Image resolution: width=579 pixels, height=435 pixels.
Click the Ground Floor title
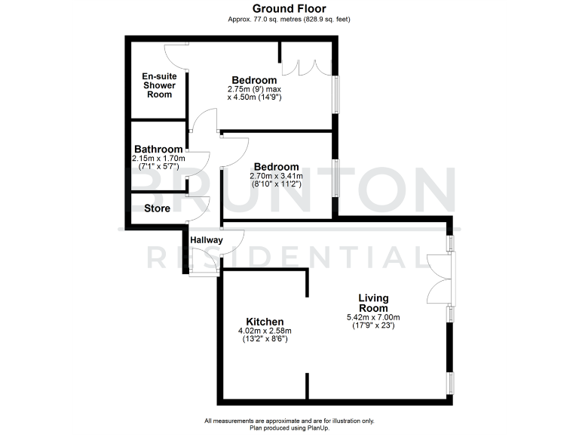[x=289, y=8]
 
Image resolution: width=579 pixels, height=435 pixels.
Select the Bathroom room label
[x=158, y=150]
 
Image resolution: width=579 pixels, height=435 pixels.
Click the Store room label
[x=156, y=208]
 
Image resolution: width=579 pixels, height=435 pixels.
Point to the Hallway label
[x=206, y=241]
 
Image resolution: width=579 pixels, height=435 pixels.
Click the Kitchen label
[x=265, y=321]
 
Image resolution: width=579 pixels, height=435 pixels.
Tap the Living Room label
[x=373, y=302]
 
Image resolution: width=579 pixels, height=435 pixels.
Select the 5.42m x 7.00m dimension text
[x=373, y=318]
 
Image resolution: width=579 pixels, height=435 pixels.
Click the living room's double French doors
[x=440, y=279]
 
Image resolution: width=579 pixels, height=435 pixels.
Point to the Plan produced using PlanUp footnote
[x=289, y=427]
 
